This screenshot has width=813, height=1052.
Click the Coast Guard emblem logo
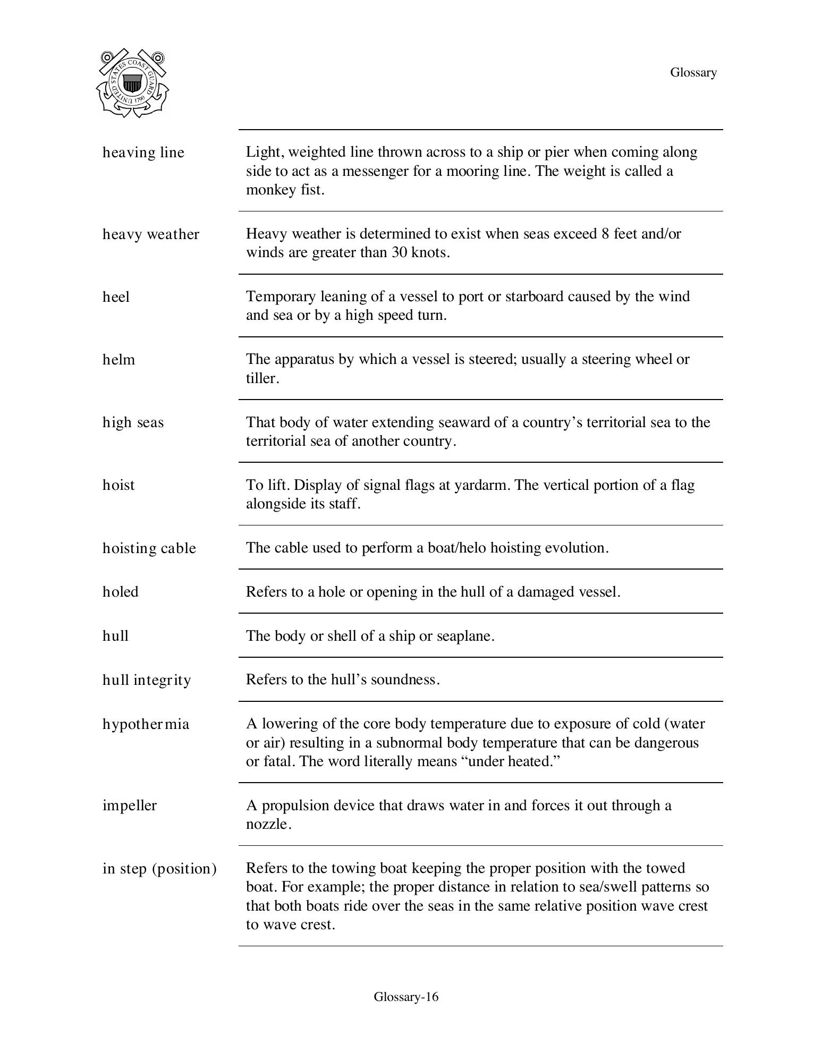tap(132, 83)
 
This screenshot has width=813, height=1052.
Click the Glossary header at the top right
tap(693, 72)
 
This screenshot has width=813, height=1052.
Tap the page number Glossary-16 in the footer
tap(406, 996)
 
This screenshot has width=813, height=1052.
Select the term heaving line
tap(143, 152)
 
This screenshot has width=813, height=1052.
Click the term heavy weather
tap(151, 234)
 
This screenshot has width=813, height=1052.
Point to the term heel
tap(116, 297)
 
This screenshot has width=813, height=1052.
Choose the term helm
tap(119, 360)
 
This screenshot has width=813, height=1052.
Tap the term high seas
tap(133, 422)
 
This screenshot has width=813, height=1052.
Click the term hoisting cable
tap(149, 548)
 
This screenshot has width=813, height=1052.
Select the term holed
tap(121, 592)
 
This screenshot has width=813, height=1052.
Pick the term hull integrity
tap(147, 680)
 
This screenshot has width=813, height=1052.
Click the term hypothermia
tap(146, 724)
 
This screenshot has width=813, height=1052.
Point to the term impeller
tap(130, 805)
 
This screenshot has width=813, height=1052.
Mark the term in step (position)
tap(160, 869)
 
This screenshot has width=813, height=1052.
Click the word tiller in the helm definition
tap(261, 378)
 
